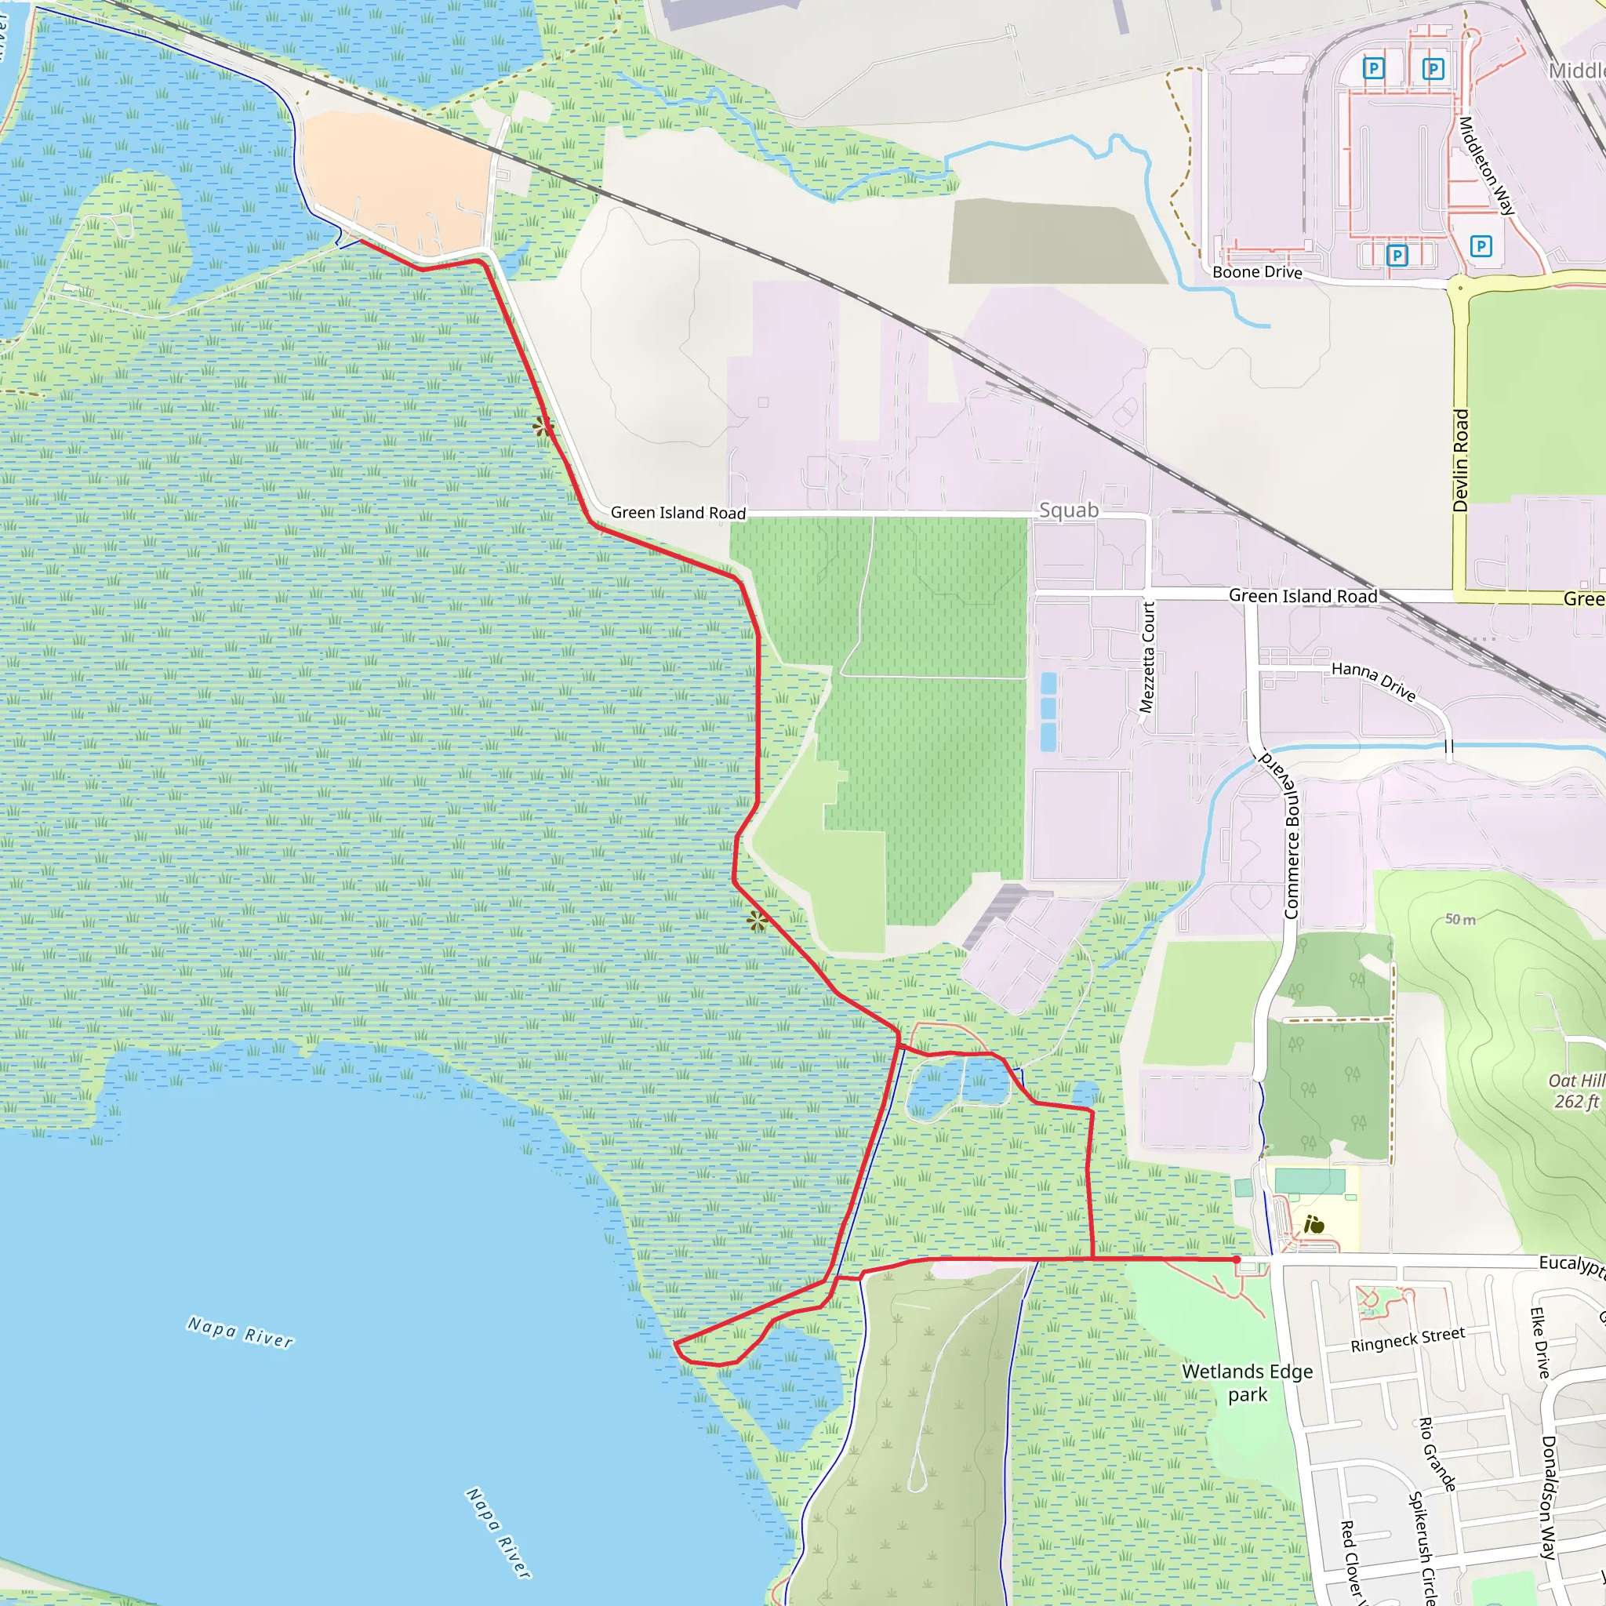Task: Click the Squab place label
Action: point(1068,510)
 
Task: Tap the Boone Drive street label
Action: point(1257,272)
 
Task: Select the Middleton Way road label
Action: point(1486,165)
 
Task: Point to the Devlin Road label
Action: point(1460,460)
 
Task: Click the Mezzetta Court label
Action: point(1147,656)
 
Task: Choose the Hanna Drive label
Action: point(1373,681)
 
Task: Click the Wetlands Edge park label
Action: point(1247,1383)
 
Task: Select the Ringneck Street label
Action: point(1408,1340)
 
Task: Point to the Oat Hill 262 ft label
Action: point(1576,1091)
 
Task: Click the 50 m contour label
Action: point(1459,919)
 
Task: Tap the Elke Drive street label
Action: point(1539,1343)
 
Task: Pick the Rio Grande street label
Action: point(1437,1454)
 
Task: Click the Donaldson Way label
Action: point(1548,1496)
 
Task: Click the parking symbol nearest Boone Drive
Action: point(1397,255)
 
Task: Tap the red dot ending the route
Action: point(1237,1260)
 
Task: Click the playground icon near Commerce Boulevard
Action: point(1314,1224)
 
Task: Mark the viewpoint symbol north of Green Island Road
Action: point(543,427)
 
